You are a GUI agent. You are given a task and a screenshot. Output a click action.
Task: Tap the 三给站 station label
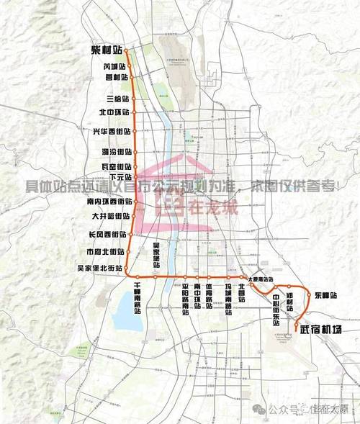116,98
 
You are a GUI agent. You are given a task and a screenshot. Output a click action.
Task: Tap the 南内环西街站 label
104,202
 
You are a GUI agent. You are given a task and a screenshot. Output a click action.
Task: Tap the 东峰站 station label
325,295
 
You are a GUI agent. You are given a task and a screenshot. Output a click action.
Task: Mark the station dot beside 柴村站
127,52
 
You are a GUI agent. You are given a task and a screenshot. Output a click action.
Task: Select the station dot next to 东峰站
310,296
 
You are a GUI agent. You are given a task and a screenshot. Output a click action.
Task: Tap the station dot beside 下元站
135,176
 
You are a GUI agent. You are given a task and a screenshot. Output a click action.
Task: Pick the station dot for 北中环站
135,113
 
